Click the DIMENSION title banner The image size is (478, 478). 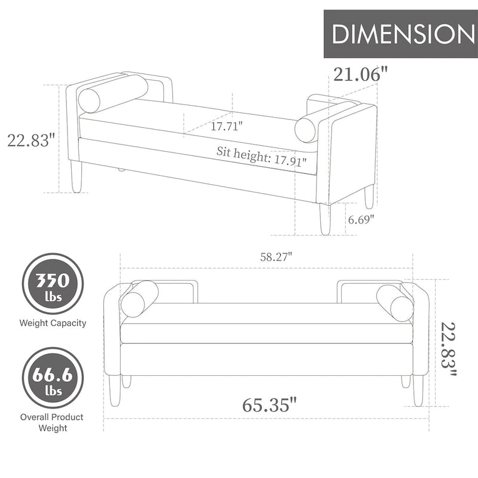pyautogui.click(x=400, y=33)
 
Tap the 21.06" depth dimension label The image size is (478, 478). pyautogui.click(x=361, y=74)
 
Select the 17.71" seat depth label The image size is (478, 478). pyautogui.click(x=226, y=125)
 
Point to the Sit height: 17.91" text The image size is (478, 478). pyautogui.click(x=261, y=157)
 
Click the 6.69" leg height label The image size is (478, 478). pyautogui.click(x=361, y=219)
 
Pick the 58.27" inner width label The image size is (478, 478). pyautogui.click(x=276, y=257)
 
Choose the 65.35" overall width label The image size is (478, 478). pyautogui.click(x=269, y=405)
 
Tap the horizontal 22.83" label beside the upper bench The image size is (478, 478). pyautogui.click(x=31, y=140)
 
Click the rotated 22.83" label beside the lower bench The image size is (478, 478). pyautogui.click(x=449, y=349)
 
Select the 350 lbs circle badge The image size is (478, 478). pyautogui.click(x=53, y=284)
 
